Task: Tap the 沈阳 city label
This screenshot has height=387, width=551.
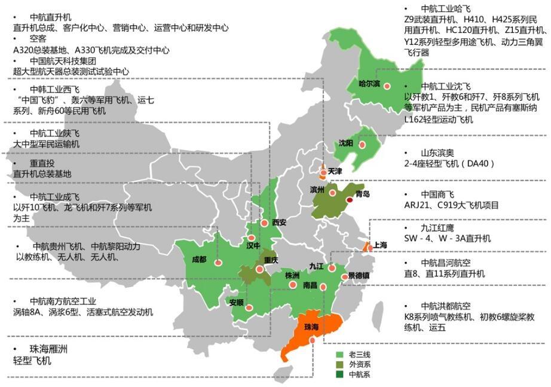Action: pyautogui.click(x=345, y=143)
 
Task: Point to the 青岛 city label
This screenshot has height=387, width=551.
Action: pyautogui.click(x=362, y=194)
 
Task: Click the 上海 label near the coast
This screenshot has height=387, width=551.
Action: pyautogui.click(x=380, y=245)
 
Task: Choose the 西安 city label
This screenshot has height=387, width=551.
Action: pyautogui.click(x=279, y=223)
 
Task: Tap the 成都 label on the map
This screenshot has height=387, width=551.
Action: pyautogui.click(x=199, y=260)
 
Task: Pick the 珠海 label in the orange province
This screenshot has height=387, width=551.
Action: pyautogui.click(x=311, y=327)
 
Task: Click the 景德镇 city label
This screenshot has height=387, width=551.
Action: pyautogui.click(x=359, y=276)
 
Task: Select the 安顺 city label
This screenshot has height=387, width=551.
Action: pyautogui.click(x=236, y=303)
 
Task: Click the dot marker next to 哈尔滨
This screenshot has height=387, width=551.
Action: pyautogui.click(x=387, y=86)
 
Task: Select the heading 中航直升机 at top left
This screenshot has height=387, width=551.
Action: pyautogui.click(x=50, y=17)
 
